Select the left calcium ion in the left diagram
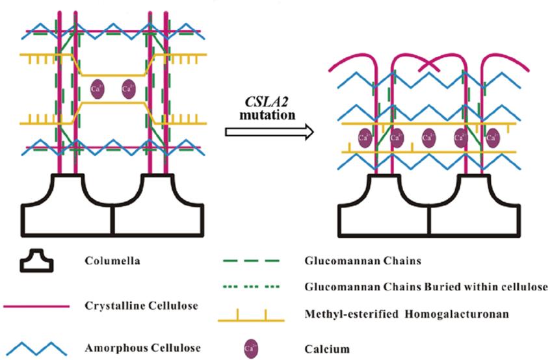click(x=97, y=88)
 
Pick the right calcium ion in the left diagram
click(x=128, y=88)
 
